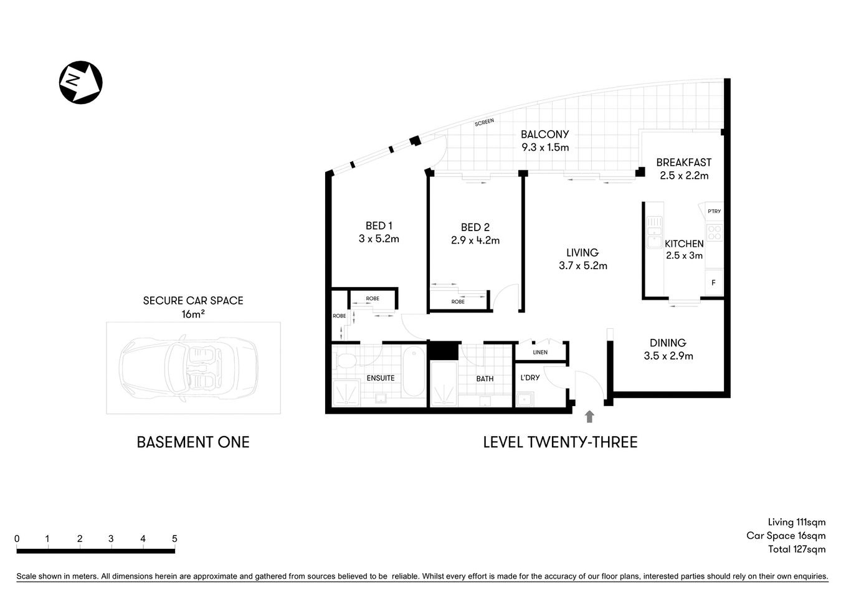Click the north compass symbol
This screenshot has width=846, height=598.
(80, 82)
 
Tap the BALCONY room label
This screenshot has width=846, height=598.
(544, 134)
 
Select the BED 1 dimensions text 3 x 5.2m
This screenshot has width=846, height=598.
(379, 239)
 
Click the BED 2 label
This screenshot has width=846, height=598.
(475, 227)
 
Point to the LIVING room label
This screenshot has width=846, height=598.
(582, 252)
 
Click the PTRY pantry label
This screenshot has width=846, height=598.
(714, 211)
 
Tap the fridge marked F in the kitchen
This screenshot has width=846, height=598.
(713, 283)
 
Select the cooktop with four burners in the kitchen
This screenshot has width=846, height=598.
(715, 233)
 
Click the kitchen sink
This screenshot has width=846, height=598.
(654, 232)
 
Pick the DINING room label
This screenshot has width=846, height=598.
(667, 343)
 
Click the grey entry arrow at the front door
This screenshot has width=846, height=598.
(589, 417)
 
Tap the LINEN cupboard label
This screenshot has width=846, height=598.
(540, 353)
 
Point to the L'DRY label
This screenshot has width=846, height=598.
(530, 377)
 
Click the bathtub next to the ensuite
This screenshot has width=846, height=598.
(413, 372)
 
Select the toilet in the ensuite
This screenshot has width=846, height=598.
(343, 360)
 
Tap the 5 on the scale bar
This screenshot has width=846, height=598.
(174, 539)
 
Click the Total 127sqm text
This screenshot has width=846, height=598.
(796, 549)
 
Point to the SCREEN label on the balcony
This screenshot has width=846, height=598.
(484, 122)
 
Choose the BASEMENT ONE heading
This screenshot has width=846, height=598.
(192, 442)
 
